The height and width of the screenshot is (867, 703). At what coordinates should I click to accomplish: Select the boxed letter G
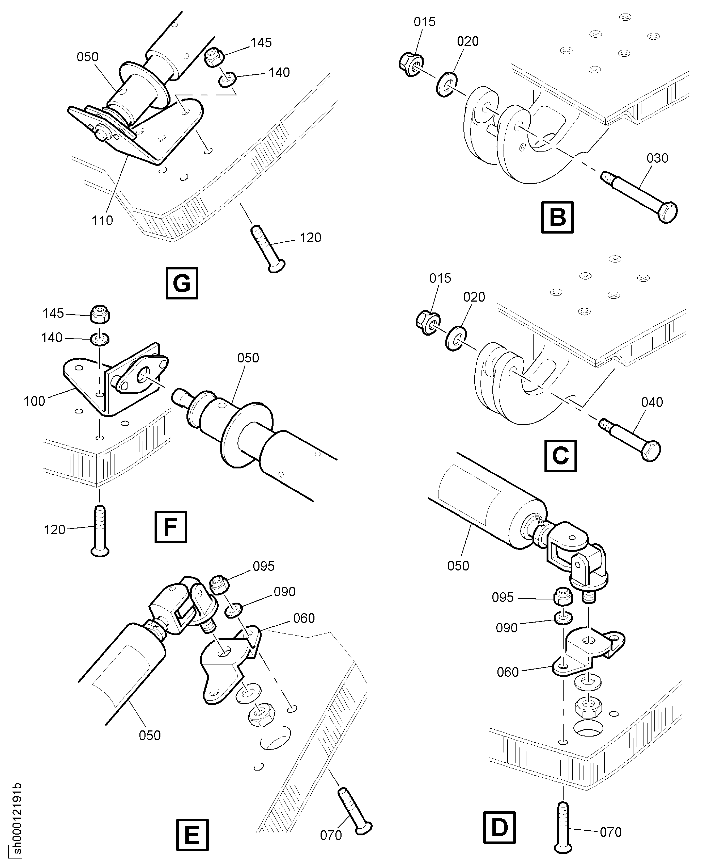(x=182, y=283)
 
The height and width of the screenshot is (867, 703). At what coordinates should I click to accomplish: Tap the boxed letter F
(x=171, y=527)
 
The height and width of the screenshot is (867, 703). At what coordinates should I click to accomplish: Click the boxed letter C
(x=560, y=456)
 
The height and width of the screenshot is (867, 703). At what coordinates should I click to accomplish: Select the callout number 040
(x=652, y=402)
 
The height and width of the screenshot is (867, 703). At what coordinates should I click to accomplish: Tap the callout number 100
(x=35, y=401)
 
